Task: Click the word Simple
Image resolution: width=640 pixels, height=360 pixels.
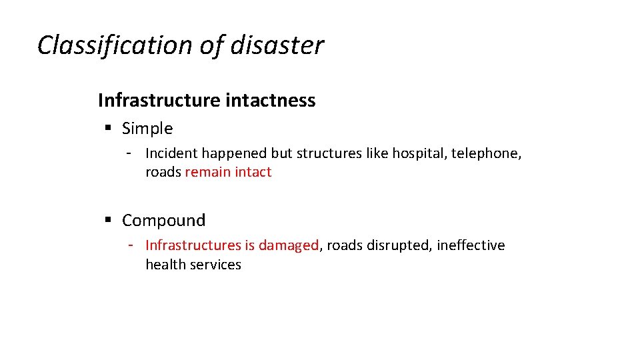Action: tap(147, 128)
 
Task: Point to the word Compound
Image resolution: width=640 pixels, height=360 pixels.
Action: tap(163, 220)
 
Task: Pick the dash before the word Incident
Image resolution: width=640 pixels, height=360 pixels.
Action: tap(132, 153)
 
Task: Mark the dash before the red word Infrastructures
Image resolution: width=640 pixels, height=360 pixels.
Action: tap(132, 245)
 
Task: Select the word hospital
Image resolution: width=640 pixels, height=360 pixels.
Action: tap(419, 153)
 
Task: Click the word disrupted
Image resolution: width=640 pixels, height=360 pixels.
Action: tap(400, 245)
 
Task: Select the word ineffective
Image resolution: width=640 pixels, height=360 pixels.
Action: tap(471, 245)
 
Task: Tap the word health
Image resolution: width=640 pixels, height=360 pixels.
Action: tap(165, 265)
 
